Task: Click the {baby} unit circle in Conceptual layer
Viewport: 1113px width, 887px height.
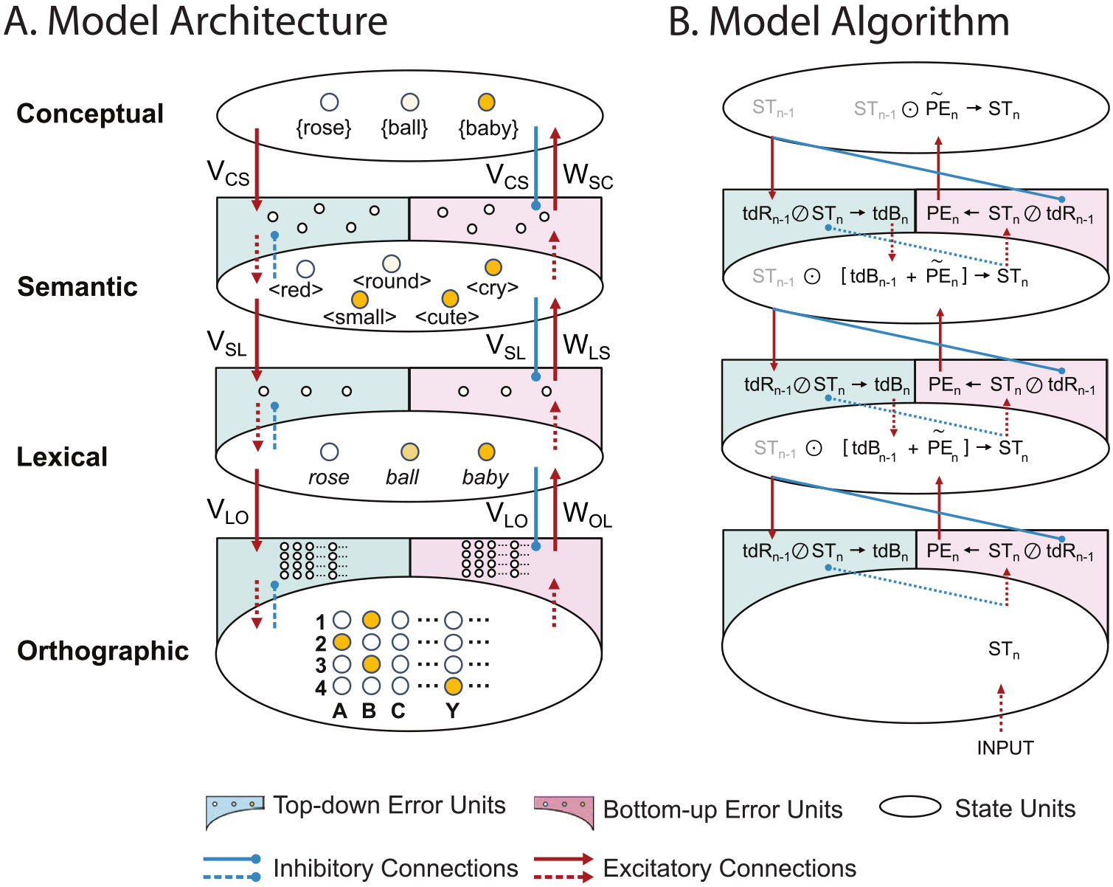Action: (486, 102)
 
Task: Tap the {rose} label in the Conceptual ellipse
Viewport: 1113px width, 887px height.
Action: (323, 128)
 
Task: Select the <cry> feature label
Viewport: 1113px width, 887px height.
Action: (492, 287)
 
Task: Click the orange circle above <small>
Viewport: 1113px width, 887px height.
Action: (360, 299)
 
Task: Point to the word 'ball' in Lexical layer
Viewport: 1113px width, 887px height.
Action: (402, 477)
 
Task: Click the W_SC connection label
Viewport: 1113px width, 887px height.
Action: (588, 176)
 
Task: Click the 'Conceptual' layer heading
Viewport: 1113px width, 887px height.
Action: (90, 114)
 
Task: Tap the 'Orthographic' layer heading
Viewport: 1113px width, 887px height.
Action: (103, 651)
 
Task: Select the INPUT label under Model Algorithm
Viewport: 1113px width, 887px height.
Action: (1005, 748)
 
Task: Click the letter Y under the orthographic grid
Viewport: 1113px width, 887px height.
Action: (453, 711)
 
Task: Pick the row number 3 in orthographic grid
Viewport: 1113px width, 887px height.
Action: (321, 666)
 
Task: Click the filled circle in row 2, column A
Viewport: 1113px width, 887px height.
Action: (341, 642)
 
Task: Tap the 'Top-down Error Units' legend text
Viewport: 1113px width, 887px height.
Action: (389, 805)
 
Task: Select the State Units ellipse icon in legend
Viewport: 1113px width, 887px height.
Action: (910, 807)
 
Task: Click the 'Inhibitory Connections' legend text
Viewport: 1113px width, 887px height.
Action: (395, 869)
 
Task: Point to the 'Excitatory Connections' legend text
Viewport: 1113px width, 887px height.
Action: (729, 869)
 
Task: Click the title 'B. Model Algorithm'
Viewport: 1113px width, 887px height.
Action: (839, 21)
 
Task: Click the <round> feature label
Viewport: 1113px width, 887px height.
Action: (392, 281)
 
